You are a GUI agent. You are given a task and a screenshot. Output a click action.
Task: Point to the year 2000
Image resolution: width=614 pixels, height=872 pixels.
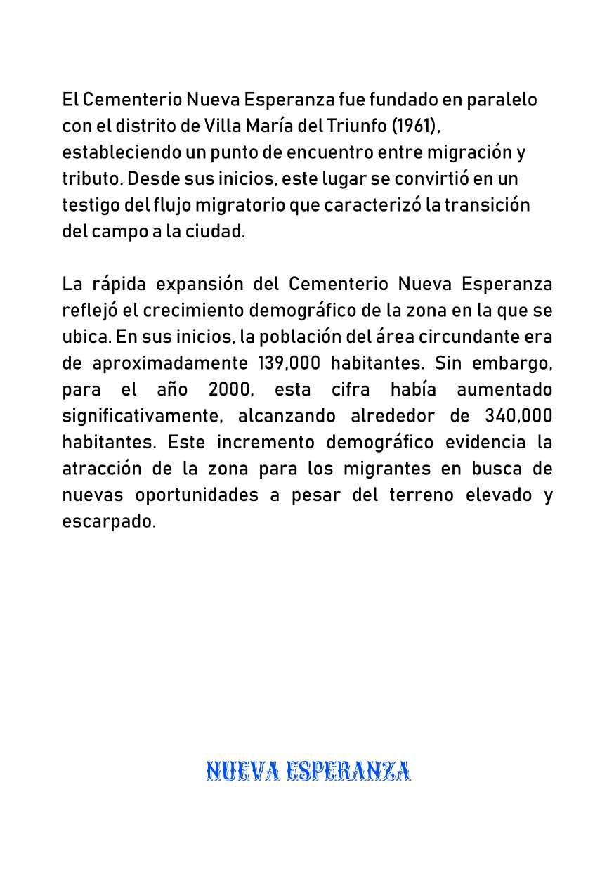pyautogui.click(x=230, y=389)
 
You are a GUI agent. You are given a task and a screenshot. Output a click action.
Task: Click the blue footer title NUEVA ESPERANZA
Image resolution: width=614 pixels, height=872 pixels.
pyautogui.click(x=308, y=772)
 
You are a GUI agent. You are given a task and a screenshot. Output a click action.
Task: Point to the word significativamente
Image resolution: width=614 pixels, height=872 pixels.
pyautogui.click(x=143, y=415)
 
